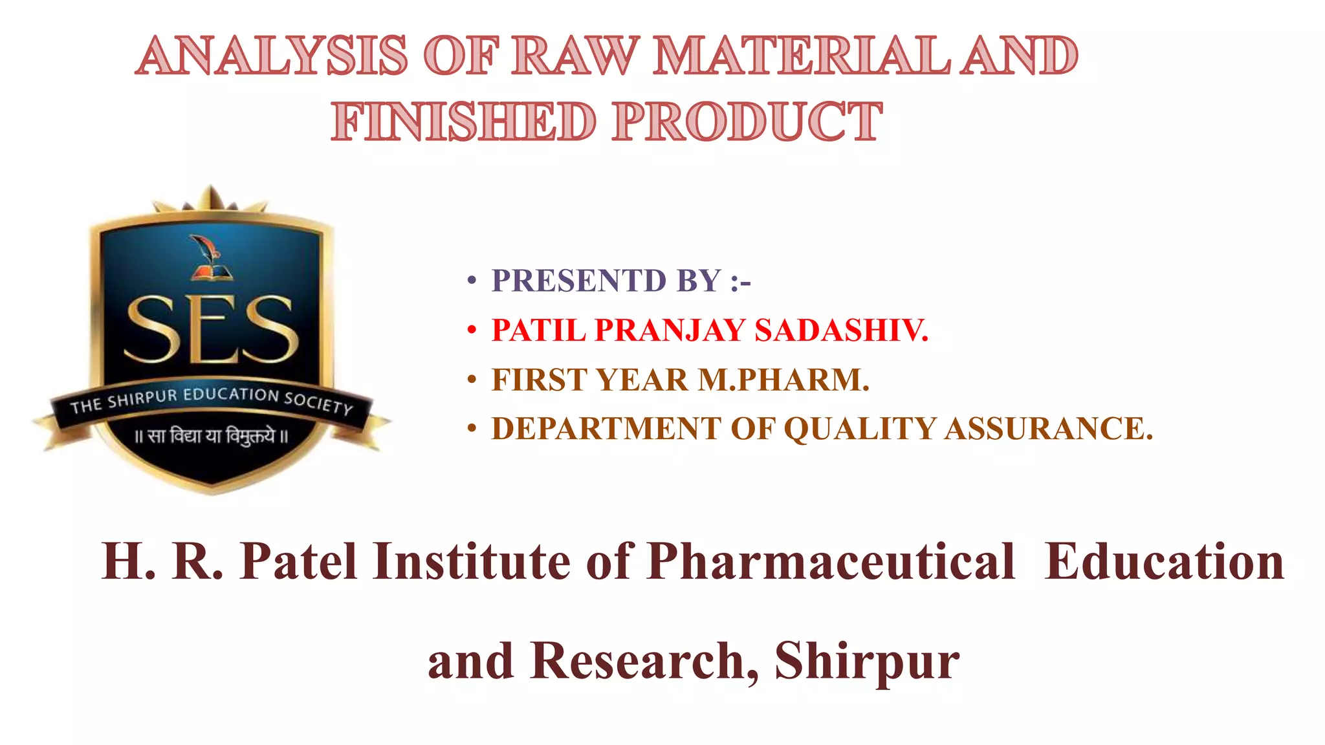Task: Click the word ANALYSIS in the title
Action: coord(272,56)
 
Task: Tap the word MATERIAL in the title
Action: coord(802,56)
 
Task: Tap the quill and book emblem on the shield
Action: coord(208,259)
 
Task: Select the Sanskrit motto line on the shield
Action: coord(211,436)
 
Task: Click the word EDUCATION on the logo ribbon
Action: coord(230,394)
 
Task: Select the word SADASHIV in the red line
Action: coord(841,330)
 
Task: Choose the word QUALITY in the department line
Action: coord(860,429)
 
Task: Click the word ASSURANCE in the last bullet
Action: coord(1048,429)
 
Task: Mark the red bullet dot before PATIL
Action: coord(472,330)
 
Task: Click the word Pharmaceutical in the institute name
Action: coord(831,561)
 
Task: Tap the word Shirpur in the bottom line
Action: coord(867,661)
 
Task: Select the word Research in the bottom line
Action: coord(637,661)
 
